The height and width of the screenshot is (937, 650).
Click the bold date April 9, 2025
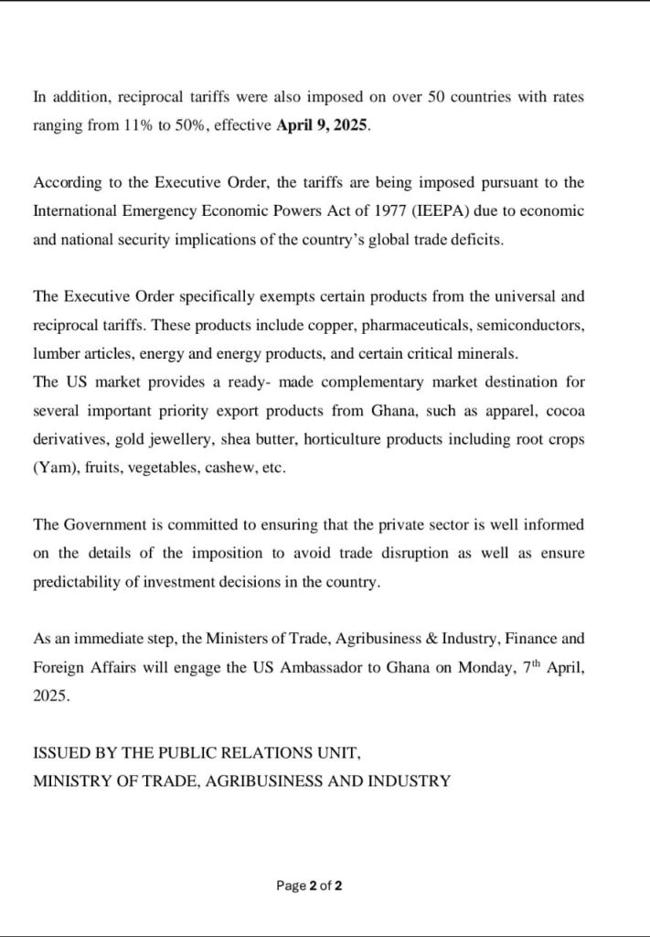[x=323, y=125]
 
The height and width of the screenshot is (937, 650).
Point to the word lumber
[x=56, y=353]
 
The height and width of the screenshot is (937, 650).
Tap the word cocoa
[x=566, y=410]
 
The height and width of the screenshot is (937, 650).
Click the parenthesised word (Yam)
[x=54, y=467]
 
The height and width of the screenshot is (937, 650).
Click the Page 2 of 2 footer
[x=309, y=886]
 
